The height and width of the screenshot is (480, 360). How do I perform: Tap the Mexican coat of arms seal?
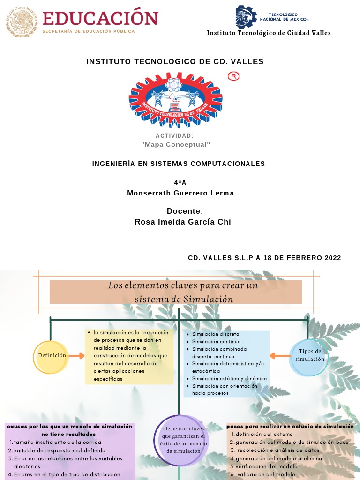tap(21, 21)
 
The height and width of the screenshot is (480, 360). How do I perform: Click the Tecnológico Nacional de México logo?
tap(246, 17)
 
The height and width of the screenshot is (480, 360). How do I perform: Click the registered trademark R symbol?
tap(233, 76)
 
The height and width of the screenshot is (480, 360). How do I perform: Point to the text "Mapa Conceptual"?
tap(176, 144)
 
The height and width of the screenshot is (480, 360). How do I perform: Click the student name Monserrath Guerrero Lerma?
tap(180, 193)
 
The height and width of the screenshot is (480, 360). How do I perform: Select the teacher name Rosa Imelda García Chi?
tap(183, 222)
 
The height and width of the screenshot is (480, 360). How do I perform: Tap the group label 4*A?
tap(180, 183)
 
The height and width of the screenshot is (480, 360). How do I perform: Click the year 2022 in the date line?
tap(331, 258)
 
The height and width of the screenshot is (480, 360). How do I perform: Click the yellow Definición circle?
tap(52, 356)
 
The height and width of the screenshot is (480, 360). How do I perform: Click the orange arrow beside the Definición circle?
tap(75, 356)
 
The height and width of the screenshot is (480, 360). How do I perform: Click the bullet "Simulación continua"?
tap(216, 342)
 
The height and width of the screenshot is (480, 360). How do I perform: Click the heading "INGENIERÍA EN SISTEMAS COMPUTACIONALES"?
tap(179, 164)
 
